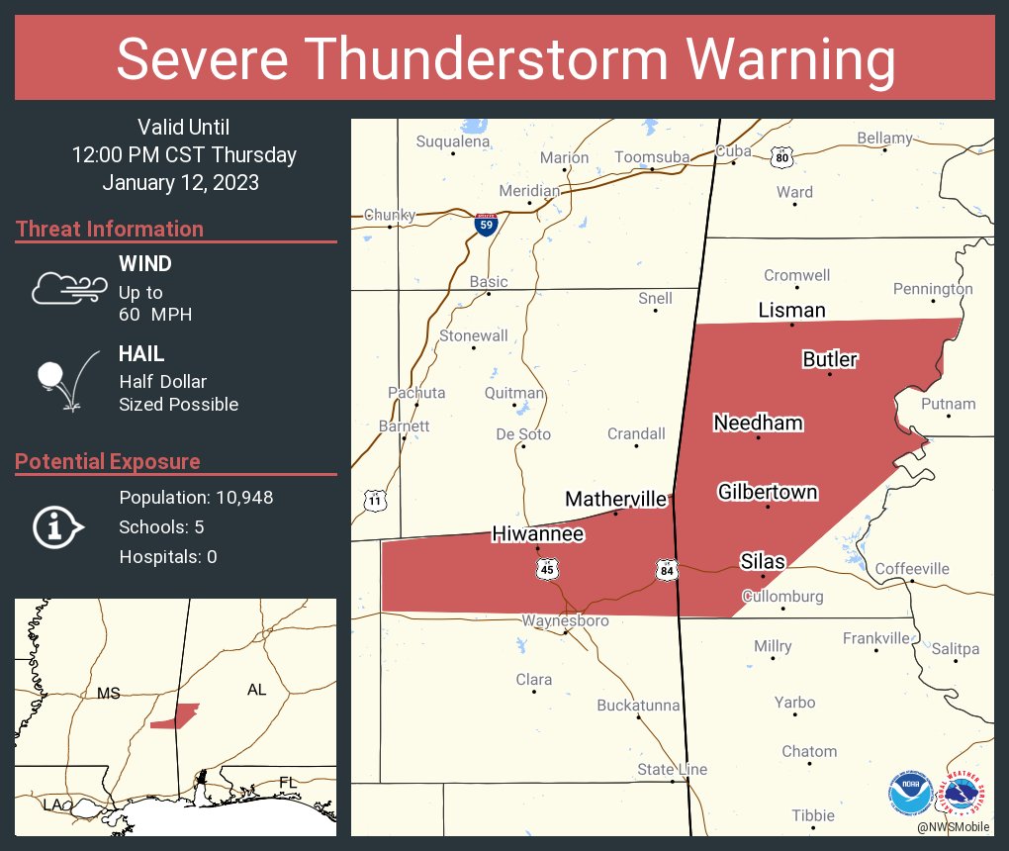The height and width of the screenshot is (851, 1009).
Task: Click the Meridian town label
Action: pyautogui.click(x=529, y=190)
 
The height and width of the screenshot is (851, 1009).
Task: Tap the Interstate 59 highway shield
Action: pyautogui.click(x=486, y=225)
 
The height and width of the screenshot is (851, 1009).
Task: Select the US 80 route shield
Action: pyautogui.click(x=782, y=156)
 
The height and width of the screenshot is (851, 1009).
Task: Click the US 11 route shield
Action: pyautogui.click(x=374, y=501)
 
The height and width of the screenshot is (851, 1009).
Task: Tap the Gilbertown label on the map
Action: pyautogui.click(x=768, y=491)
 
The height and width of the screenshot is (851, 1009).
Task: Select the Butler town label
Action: pyautogui.click(x=829, y=359)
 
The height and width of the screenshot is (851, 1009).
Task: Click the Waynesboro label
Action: pyautogui.click(x=565, y=620)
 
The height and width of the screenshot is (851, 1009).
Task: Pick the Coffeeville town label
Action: pyautogui.click(x=912, y=568)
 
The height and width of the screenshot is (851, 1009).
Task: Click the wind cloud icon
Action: pyautogui.click(x=68, y=287)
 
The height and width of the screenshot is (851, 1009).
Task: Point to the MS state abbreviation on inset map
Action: pyautogui.click(x=108, y=693)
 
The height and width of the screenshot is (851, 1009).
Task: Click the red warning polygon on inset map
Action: pyautogui.click(x=176, y=716)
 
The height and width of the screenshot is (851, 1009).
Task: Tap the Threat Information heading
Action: pyautogui.click(x=109, y=229)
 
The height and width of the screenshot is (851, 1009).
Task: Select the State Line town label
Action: pyautogui.click(x=672, y=770)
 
